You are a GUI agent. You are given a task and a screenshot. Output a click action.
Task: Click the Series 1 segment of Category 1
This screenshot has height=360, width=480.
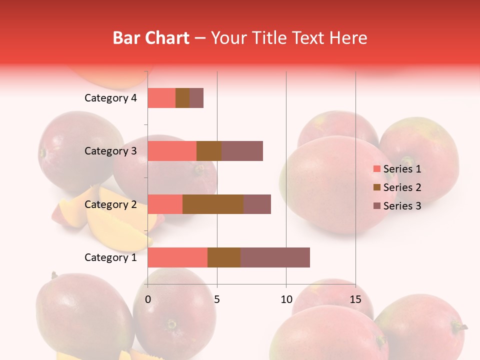point(177,257)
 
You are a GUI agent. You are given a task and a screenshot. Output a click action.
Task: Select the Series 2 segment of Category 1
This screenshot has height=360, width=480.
point(224,257)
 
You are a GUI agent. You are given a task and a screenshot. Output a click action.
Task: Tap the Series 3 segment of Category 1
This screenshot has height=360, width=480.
point(275,257)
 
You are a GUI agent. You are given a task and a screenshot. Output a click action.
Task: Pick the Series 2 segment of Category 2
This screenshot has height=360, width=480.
point(213,204)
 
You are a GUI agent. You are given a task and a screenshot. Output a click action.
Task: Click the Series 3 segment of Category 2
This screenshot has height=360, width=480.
point(257,204)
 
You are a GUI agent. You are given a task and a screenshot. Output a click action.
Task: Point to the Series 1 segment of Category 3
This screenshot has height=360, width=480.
point(172,151)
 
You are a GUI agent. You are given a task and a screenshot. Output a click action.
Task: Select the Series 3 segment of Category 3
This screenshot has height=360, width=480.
point(242,151)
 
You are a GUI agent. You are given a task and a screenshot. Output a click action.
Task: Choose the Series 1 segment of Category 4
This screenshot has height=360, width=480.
point(161,98)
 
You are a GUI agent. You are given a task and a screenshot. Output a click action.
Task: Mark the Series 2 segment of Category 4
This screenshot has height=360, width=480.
point(182,98)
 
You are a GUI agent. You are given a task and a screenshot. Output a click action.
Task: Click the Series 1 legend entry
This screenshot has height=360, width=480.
point(397,169)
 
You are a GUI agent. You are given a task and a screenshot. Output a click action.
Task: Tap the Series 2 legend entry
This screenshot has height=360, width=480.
point(397,187)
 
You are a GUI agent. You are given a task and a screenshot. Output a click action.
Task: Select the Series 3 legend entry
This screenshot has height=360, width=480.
point(397,206)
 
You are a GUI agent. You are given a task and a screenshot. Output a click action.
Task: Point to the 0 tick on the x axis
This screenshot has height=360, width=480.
point(148,299)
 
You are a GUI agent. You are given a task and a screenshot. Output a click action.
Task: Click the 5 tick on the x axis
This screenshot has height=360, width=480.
point(217,299)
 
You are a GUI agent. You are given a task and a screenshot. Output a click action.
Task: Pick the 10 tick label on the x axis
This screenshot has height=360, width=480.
point(286,299)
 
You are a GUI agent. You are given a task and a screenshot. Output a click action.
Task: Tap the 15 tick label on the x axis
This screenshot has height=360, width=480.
point(355,299)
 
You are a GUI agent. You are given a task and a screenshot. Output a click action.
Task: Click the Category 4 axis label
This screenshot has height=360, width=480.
point(110,98)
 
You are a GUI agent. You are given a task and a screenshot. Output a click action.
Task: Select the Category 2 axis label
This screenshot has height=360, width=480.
point(110,204)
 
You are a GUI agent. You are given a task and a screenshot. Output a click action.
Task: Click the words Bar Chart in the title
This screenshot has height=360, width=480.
point(151,38)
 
